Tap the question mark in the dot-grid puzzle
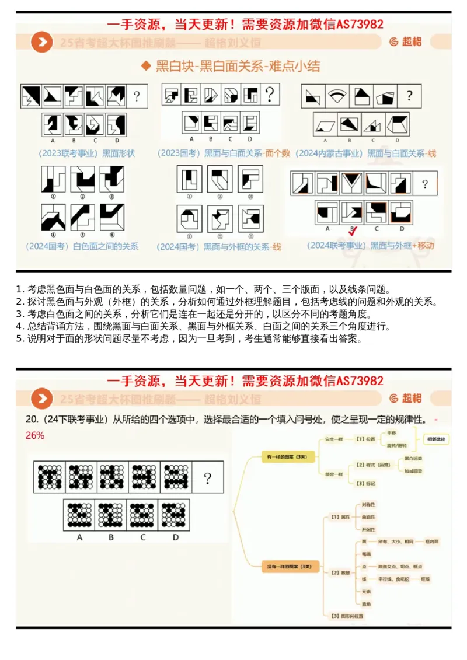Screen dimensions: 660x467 click(207, 479)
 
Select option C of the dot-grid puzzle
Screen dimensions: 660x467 click(142, 515)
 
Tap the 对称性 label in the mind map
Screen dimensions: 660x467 click(368, 504)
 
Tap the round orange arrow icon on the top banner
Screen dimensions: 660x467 click(41, 42)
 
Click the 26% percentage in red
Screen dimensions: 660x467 click(35, 435)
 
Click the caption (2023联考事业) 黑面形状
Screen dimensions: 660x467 click(86, 153)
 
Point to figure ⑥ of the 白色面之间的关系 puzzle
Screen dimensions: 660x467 click(111, 217)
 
